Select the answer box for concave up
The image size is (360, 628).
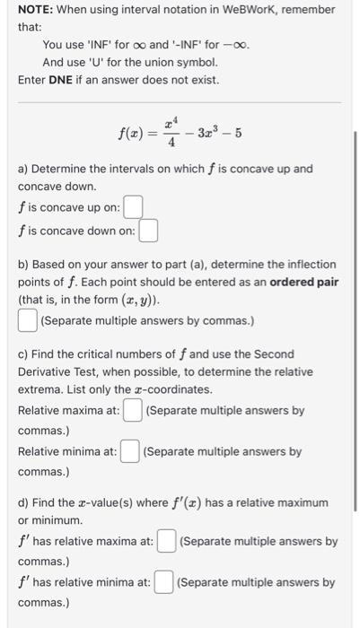[x=133, y=208]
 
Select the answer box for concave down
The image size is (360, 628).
[x=148, y=231]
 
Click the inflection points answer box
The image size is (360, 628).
[x=28, y=319]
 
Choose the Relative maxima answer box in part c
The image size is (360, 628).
[x=133, y=411]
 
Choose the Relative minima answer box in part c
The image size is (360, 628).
[x=129, y=451]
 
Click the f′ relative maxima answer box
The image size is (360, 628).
[x=166, y=541]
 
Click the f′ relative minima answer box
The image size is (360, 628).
[x=162, y=582]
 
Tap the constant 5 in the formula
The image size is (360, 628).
[x=238, y=135]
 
